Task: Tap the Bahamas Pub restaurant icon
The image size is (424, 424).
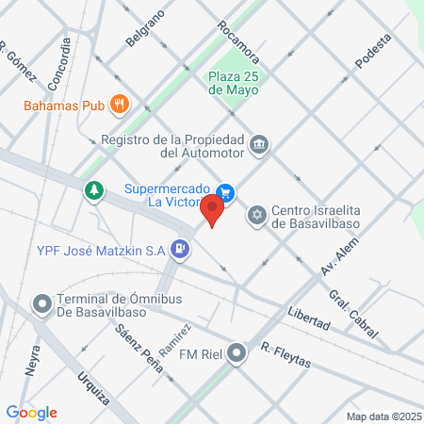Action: click(x=119, y=104)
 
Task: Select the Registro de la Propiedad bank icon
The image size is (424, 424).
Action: click(x=259, y=145)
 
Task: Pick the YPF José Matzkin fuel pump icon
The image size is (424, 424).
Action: click(x=181, y=250)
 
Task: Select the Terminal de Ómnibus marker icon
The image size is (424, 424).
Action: click(x=41, y=303)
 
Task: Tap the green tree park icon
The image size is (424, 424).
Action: click(x=93, y=191)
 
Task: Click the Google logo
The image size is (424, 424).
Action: click(x=32, y=412)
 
